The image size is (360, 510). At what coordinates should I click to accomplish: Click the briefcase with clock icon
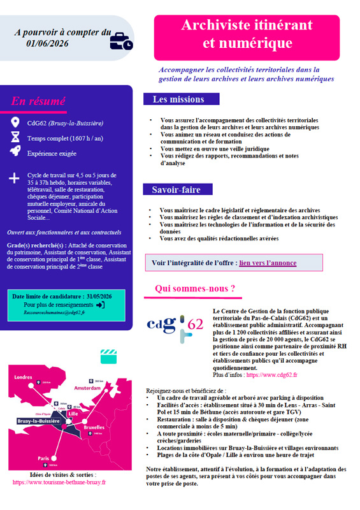(120, 41)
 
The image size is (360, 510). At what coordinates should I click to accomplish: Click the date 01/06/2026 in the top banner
(47, 43)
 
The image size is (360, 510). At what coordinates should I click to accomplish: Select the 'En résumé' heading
(38, 101)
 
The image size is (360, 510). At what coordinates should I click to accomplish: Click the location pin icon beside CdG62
(15, 122)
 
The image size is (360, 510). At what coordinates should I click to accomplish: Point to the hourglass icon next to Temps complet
(15, 137)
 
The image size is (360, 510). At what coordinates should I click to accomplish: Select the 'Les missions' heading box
(178, 99)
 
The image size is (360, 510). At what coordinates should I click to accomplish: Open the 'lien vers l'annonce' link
(268, 262)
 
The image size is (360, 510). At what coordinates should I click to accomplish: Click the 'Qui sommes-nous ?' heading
(195, 289)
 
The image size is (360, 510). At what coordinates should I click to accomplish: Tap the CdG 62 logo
(175, 324)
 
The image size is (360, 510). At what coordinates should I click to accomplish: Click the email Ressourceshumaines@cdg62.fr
(54, 313)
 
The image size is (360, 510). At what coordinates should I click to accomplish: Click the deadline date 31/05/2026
(94, 296)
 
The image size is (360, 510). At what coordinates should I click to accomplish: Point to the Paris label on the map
(43, 458)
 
